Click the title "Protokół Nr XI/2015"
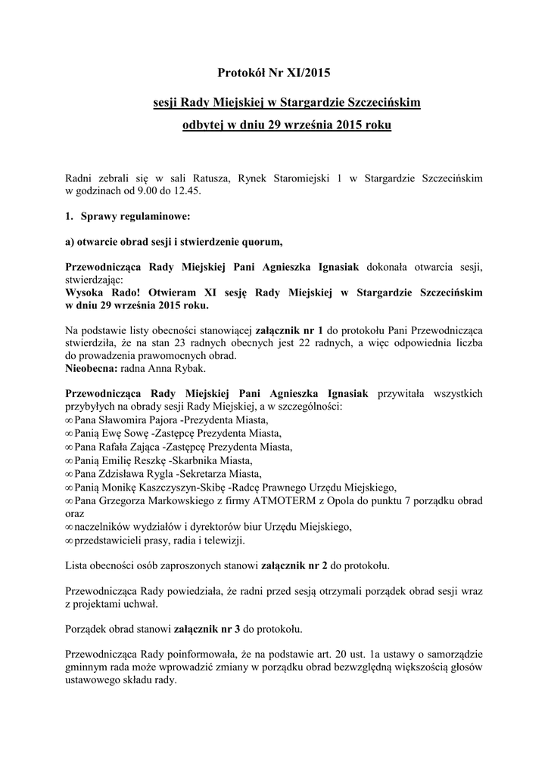tap(274, 73)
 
